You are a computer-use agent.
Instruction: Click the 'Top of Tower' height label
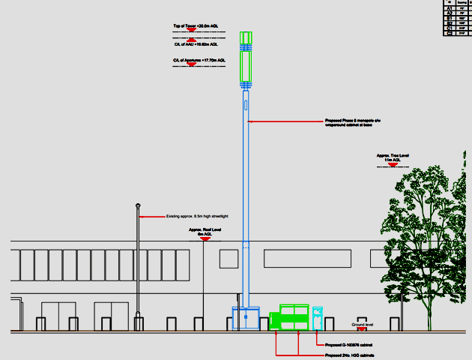pyautogui.click(x=196, y=26)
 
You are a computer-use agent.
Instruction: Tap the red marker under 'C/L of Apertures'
pyautogui.click(x=191, y=65)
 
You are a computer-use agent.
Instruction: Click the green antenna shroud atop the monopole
pyautogui.click(x=245, y=56)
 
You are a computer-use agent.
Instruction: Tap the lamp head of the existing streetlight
pyautogui.click(x=138, y=205)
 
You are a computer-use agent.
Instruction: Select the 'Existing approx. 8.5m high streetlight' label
pyautogui.click(x=197, y=217)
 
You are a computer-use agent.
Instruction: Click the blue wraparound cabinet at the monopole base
pyautogui.click(x=245, y=318)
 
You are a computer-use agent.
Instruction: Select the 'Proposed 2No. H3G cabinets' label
pyautogui.click(x=349, y=355)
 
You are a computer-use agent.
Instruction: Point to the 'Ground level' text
pyautogui.click(x=362, y=324)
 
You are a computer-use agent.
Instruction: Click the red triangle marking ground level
pyautogui.click(x=361, y=329)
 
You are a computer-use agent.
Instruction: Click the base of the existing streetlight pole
pyautogui.click(x=138, y=324)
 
